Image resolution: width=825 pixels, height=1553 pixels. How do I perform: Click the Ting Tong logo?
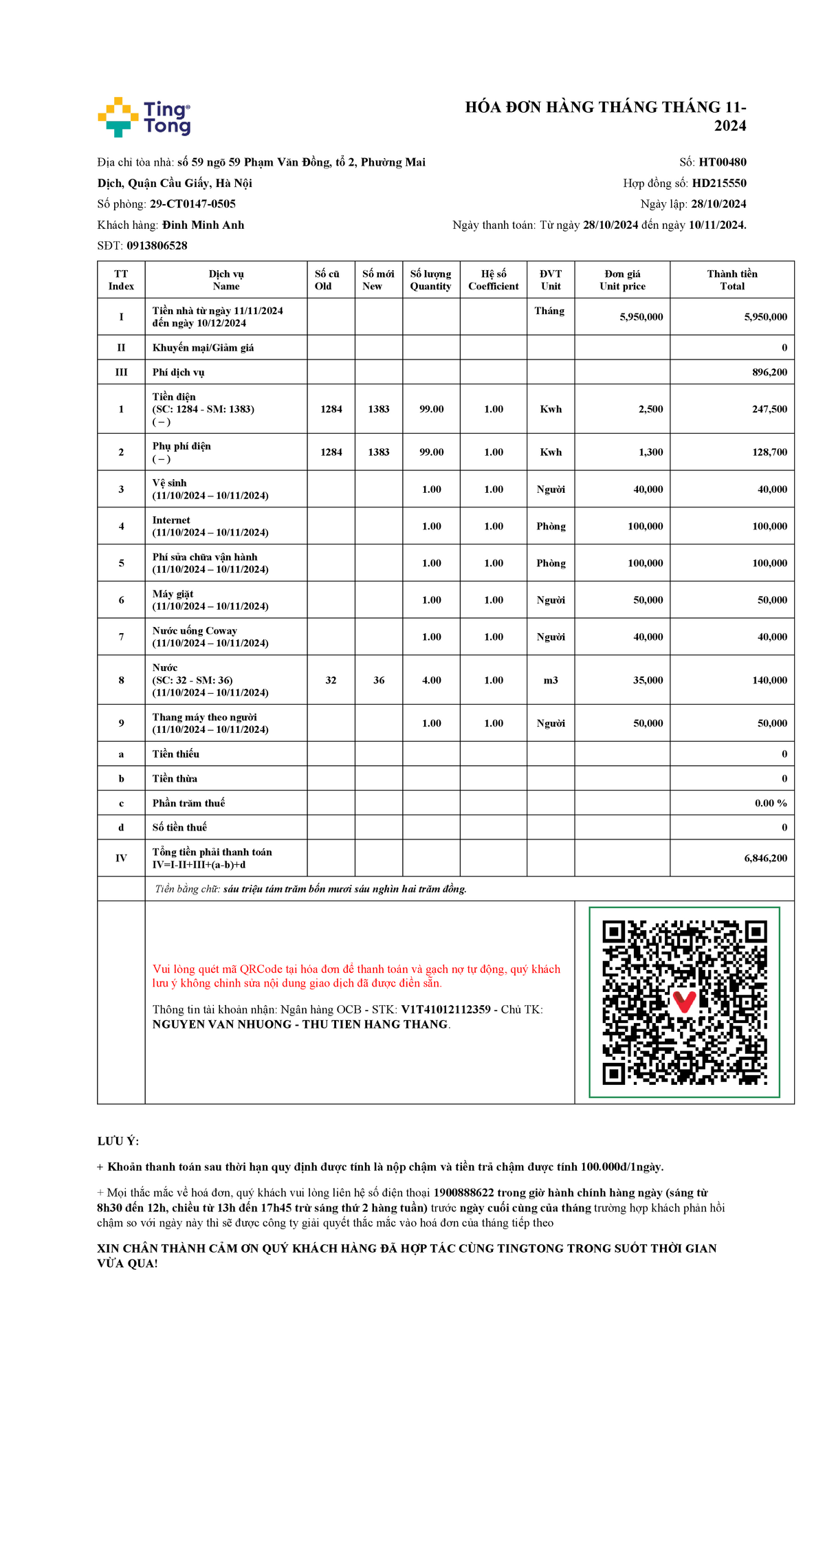point(144,117)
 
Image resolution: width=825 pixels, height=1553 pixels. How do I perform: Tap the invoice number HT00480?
point(723,162)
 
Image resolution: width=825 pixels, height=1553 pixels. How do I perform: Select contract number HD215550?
point(719,183)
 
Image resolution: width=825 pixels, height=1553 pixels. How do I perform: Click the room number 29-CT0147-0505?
point(192,204)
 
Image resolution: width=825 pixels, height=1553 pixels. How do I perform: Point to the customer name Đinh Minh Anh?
point(203,225)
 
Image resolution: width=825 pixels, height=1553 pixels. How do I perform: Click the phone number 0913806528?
point(157,245)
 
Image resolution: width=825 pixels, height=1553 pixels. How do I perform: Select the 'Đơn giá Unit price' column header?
point(622,280)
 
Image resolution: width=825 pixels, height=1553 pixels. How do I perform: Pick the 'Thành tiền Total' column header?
point(732,280)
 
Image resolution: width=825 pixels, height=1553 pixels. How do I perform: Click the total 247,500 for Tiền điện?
point(769,409)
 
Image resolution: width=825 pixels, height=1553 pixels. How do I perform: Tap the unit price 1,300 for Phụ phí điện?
point(650,452)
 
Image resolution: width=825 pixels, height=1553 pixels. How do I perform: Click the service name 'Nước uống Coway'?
point(195,630)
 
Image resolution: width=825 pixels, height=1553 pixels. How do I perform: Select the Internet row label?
point(171,520)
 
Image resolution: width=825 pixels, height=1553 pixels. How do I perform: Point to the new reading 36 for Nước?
point(379,680)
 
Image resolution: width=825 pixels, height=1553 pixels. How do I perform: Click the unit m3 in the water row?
point(551,680)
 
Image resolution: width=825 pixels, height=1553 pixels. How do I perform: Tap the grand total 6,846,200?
point(765,858)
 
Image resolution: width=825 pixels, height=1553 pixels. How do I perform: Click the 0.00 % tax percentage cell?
point(771,803)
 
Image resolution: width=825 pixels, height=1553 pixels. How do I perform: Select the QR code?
point(684,1002)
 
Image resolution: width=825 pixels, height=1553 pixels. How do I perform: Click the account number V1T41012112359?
point(445,1009)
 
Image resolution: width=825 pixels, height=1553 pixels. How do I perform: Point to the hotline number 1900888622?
point(463,1193)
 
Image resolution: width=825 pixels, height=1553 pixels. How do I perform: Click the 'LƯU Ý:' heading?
point(118,1141)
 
